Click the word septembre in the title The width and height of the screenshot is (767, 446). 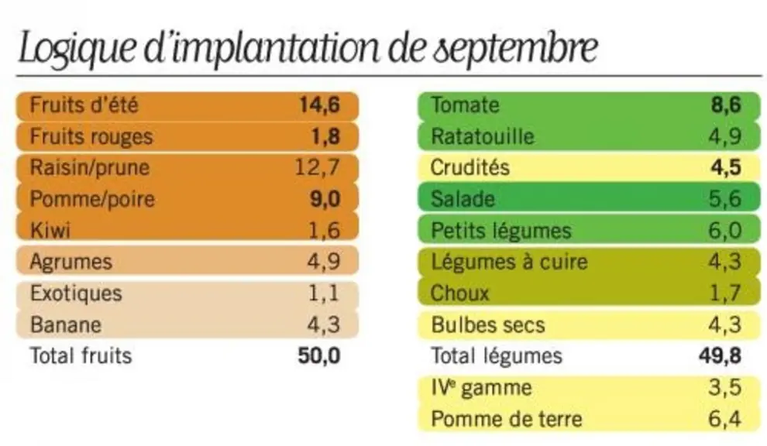click(515, 48)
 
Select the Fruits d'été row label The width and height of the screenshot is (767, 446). click(84, 105)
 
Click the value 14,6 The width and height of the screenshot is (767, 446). click(319, 105)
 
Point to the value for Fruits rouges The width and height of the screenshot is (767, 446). click(325, 137)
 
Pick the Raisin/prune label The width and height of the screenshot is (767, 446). click(90, 168)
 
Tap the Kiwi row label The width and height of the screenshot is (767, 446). click(50, 230)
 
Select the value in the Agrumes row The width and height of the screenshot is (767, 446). click(324, 262)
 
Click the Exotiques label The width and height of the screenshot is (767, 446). click(76, 293)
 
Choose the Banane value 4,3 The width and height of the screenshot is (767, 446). click(324, 324)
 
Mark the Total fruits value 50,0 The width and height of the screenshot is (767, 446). click(319, 356)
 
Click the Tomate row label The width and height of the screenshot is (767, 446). click(465, 105)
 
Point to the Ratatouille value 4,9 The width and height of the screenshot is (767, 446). click(725, 137)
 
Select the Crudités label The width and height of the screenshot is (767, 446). click(470, 168)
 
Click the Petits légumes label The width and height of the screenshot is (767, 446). click(501, 231)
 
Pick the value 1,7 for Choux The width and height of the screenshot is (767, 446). click(725, 293)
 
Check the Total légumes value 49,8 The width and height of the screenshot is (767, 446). click(720, 356)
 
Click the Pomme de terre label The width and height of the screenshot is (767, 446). click(507, 419)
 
